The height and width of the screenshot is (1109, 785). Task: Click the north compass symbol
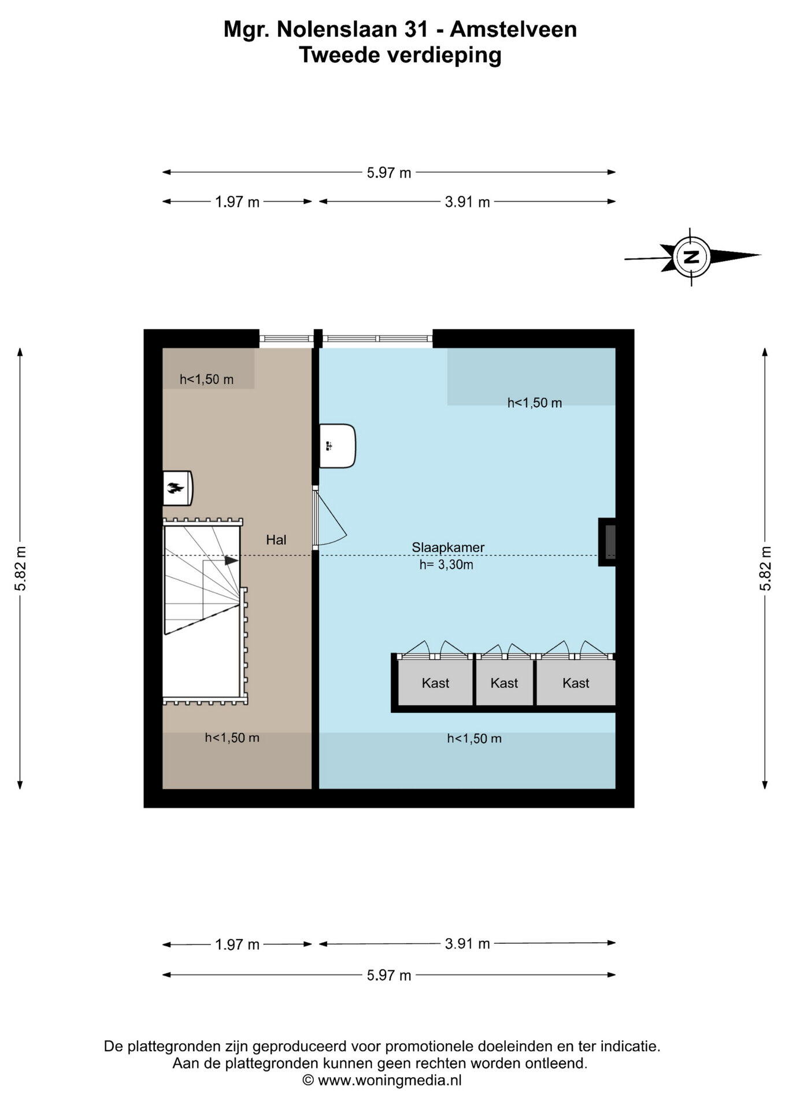click(691, 257)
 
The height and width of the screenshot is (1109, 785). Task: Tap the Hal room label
click(276, 540)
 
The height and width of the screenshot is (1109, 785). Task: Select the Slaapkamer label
click(448, 547)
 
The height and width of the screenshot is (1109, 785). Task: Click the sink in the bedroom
click(338, 446)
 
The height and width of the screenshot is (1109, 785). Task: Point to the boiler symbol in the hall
click(177, 488)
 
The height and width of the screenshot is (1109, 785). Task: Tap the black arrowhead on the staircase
click(231, 560)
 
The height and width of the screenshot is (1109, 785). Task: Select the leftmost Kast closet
click(435, 683)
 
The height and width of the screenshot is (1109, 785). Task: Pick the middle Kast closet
click(504, 683)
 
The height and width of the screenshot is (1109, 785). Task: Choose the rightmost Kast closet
click(576, 683)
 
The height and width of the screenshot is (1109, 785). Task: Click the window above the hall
click(286, 338)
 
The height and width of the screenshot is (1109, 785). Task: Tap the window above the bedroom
click(377, 338)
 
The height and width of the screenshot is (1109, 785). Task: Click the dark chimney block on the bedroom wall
click(606, 542)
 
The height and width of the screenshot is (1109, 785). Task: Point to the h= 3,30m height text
click(446, 565)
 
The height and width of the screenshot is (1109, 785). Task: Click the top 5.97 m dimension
click(389, 172)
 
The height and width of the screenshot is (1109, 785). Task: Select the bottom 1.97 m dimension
click(237, 945)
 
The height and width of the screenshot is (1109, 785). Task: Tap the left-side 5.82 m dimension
click(20, 568)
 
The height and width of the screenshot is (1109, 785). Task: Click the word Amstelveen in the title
click(513, 29)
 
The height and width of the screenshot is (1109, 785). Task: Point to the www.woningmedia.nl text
click(390, 1080)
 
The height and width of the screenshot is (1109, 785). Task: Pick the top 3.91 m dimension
click(467, 202)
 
